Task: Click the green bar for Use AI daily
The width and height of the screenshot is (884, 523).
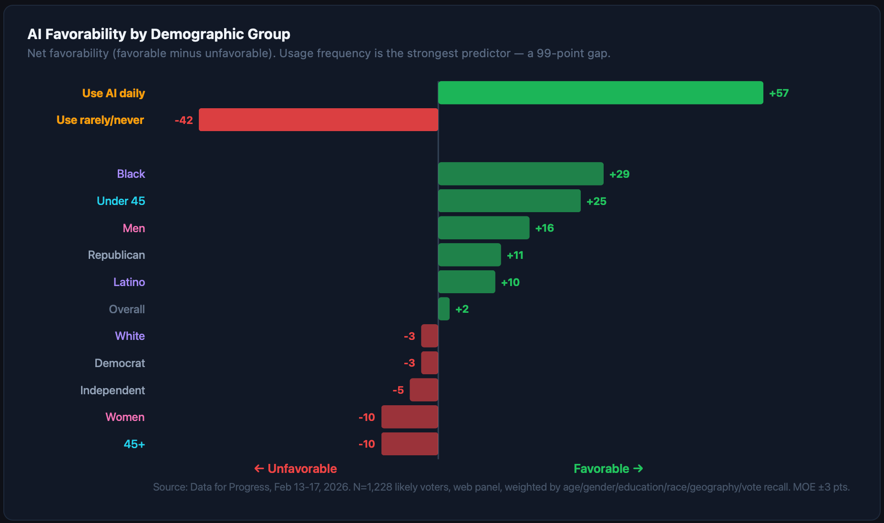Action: (x=600, y=93)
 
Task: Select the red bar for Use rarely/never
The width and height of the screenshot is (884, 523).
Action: (x=318, y=120)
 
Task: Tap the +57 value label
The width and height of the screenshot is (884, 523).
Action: (x=779, y=93)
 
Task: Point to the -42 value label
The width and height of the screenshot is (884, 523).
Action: (x=184, y=120)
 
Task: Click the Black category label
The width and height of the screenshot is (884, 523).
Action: (x=131, y=174)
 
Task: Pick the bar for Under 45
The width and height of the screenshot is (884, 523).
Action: (x=509, y=201)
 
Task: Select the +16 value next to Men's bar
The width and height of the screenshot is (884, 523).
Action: (x=544, y=228)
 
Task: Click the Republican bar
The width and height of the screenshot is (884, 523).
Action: (x=469, y=255)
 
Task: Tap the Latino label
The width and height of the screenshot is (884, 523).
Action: (x=129, y=282)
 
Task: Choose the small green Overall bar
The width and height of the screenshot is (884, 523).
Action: (x=443, y=309)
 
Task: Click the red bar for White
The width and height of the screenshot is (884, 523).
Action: (x=429, y=336)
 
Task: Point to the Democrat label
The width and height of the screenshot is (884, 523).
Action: (x=120, y=363)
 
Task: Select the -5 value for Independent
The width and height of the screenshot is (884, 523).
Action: (x=398, y=390)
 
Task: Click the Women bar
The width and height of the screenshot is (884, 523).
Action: (x=410, y=417)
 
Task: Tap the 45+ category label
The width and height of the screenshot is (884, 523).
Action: (x=134, y=444)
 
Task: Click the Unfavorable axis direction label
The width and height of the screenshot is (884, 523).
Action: (x=296, y=469)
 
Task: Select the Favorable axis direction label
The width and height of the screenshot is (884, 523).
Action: (x=608, y=469)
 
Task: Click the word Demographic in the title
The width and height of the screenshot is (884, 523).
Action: (x=191, y=34)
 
